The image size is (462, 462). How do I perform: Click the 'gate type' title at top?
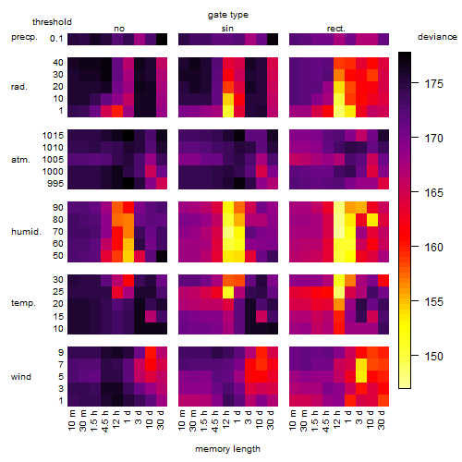pyautogui.click(x=228, y=15)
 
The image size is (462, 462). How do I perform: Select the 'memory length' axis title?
pyautogui.click(x=227, y=449)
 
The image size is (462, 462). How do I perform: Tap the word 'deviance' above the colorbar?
pyautogui.click(x=437, y=37)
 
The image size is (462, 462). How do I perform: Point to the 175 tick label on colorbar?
pyautogui.click(x=433, y=84)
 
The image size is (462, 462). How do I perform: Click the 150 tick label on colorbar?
pyautogui.click(x=433, y=357)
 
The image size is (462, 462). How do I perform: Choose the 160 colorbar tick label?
pyautogui.click(x=433, y=248)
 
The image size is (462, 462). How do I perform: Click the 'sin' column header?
pyautogui.click(x=227, y=29)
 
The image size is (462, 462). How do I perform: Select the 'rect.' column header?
pyautogui.click(x=336, y=29)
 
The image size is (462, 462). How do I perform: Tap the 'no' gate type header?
pyautogui.click(x=119, y=29)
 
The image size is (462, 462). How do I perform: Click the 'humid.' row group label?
pyautogui.click(x=26, y=232)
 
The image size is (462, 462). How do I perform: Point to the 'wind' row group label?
pyautogui.click(x=21, y=377)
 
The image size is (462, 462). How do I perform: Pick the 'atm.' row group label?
pyautogui.click(x=20, y=160)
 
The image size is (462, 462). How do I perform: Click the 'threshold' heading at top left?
pyautogui.click(x=52, y=22)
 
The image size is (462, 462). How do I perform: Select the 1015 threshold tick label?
pyautogui.click(x=53, y=136)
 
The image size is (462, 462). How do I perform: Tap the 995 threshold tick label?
pyautogui.click(x=55, y=184)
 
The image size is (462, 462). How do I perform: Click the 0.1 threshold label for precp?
pyautogui.click(x=56, y=39)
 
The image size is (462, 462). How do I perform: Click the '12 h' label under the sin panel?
pyautogui.click(x=225, y=419)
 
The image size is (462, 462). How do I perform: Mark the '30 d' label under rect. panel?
pyautogui.click(x=381, y=419)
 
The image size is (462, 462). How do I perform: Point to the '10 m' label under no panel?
pyautogui.click(x=72, y=420)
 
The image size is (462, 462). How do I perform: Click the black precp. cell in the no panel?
pyautogui.click(x=162, y=39)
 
